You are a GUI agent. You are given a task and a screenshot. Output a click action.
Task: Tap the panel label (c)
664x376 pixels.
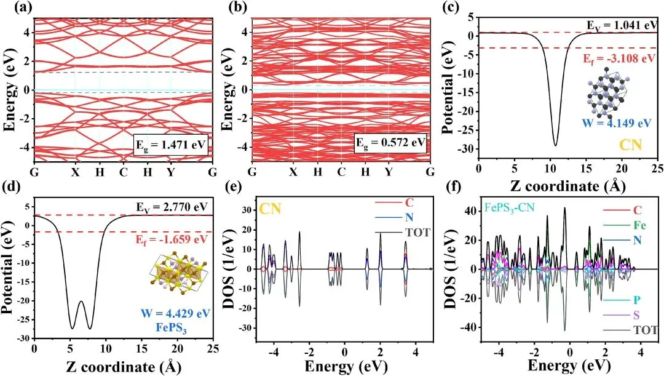[459, 9]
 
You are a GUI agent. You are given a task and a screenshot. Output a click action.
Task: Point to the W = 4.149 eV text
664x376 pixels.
[618, 122]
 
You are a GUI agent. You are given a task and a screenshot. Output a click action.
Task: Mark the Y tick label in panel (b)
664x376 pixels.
[388, 172]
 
